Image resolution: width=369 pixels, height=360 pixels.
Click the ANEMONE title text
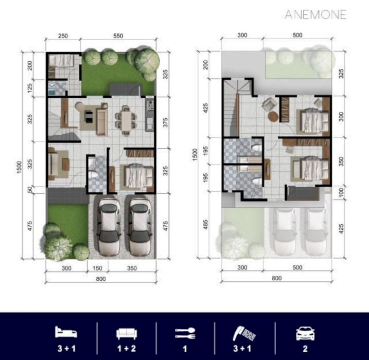(x=315, y=14)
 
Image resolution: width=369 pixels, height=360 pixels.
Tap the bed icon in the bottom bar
(x=66, y=332)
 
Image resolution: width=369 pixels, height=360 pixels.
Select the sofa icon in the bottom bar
(x=127, y=334)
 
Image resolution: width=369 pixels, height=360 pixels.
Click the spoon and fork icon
(x=185, y=333)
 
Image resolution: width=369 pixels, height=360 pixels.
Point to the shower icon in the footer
(x=244, y=333)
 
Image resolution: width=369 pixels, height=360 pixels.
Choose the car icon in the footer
(x=305, y=333)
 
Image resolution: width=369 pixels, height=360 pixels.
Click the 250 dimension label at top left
(x=63, y=36)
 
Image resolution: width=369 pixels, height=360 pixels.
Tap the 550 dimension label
(x=118, y=35)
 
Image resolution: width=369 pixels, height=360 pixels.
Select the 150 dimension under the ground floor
(x=97, y=268)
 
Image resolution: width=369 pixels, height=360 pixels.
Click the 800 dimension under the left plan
(x=101, y=279)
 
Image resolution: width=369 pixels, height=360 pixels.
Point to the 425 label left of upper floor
(x=205, y=108)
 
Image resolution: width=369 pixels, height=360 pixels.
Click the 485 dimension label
(x=205, y=224)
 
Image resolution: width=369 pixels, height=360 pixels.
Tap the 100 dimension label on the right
(x=341, y=192)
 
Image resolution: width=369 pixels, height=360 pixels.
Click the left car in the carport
(x=109, y=227)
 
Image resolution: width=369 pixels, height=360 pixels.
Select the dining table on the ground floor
(x=126, y=121)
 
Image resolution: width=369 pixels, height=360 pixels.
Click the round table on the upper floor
(x=273, y=116)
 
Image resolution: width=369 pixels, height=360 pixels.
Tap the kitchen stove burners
(x=150, y=105)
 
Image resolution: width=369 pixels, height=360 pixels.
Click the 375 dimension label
(x=166, y=122)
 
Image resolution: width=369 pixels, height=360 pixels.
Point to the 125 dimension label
(x=30, y=88)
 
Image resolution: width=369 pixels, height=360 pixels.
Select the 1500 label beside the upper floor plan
(x=195, y=155)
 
